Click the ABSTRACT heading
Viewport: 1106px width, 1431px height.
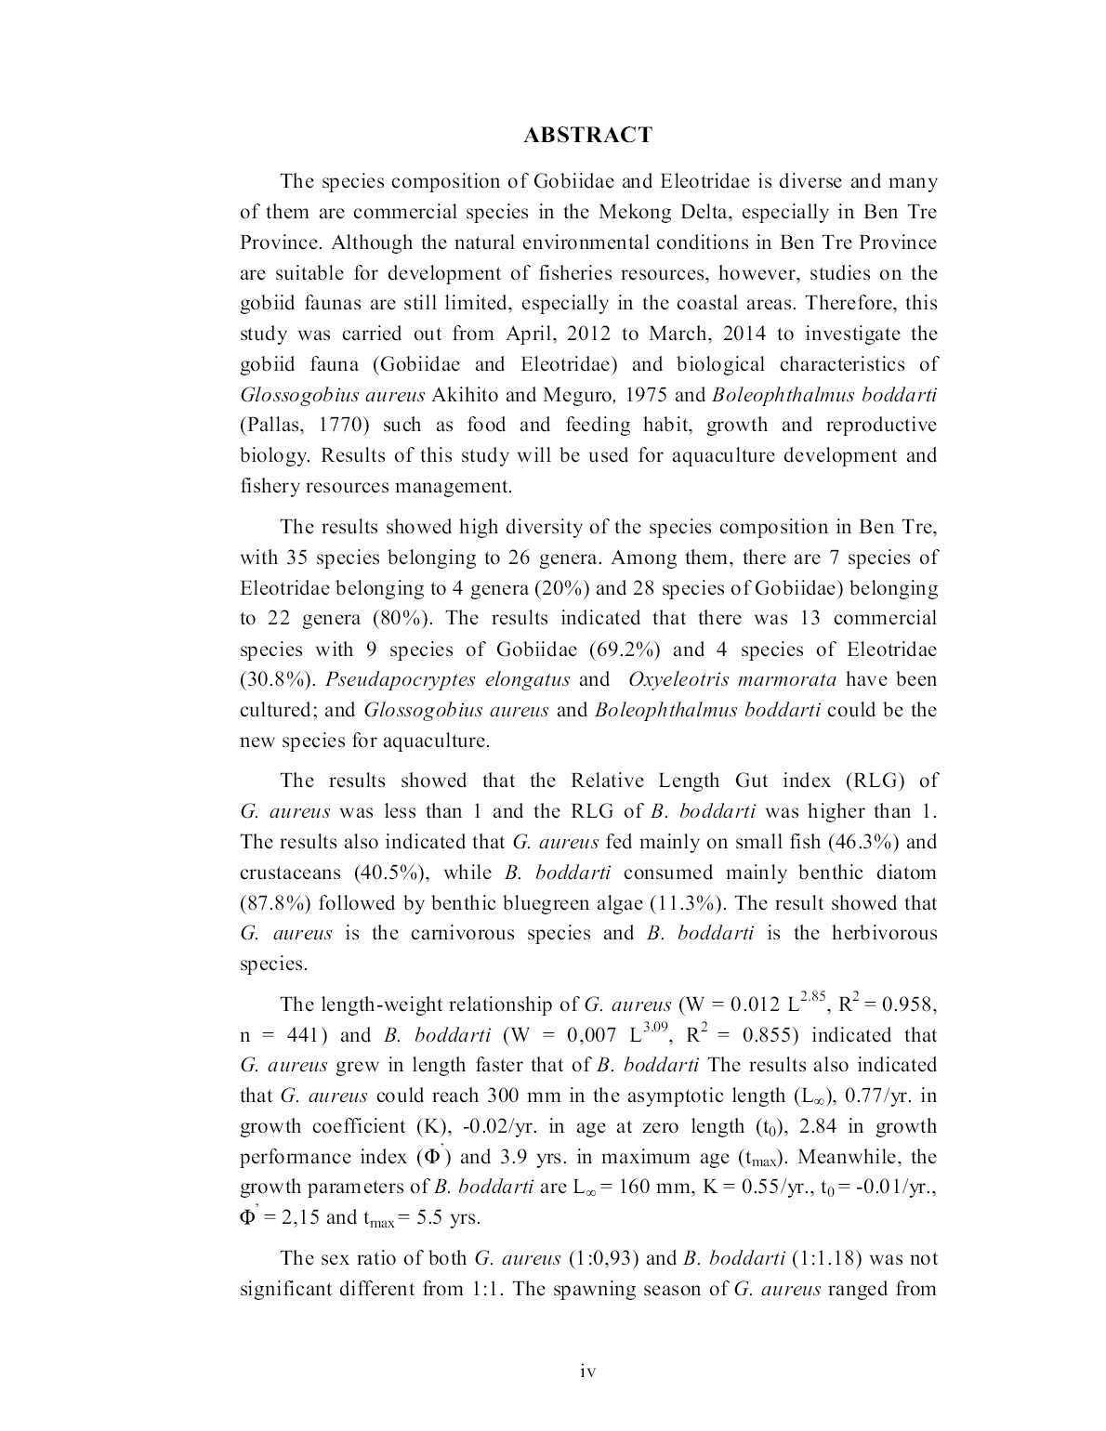587,136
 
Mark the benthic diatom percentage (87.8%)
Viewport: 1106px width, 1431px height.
275,903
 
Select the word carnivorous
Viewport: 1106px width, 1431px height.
442,934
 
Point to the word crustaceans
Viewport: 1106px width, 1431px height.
291,873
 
